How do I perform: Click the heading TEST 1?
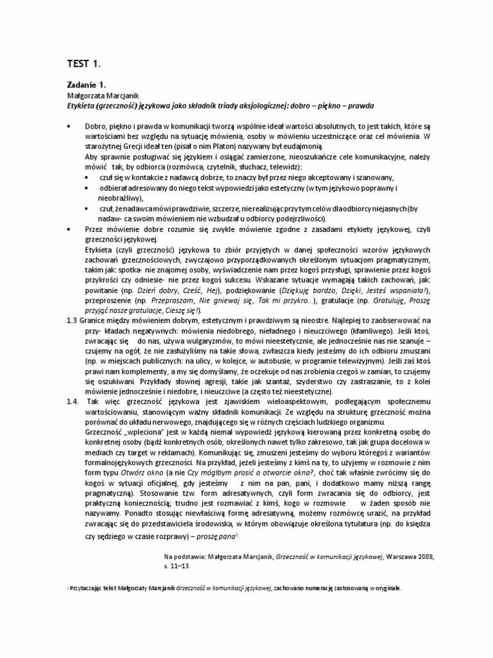[84, 63]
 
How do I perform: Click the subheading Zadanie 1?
[86, 84]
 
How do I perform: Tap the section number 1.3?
[72, 319]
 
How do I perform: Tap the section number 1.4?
[72, 401]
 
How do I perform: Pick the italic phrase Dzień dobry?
[156, 290]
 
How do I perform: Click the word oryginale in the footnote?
[385, 587]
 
